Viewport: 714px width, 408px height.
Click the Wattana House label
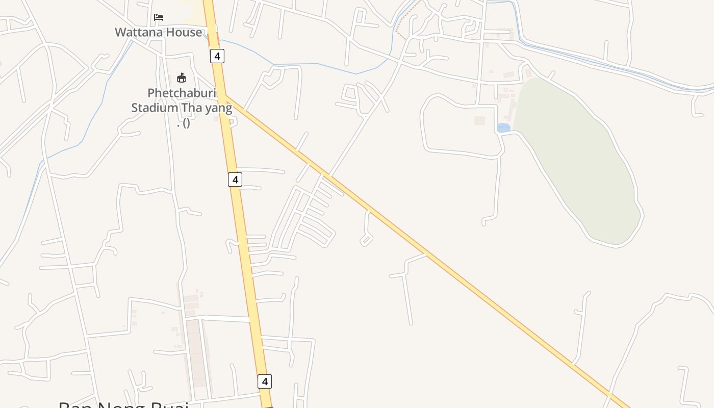point(158,32)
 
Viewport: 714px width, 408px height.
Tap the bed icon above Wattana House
point(159,17)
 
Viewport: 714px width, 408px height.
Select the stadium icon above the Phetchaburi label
point(181,78)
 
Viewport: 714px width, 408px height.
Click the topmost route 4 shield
point(217,56)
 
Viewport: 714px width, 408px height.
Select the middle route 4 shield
point(235,180)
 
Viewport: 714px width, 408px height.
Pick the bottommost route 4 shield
point(264,381)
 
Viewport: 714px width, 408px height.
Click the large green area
point(576,158)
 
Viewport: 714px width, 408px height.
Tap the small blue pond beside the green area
point(503,128)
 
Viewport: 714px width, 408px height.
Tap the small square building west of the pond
point(479,121)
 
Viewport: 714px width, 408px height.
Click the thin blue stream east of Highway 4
point(316,64)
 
